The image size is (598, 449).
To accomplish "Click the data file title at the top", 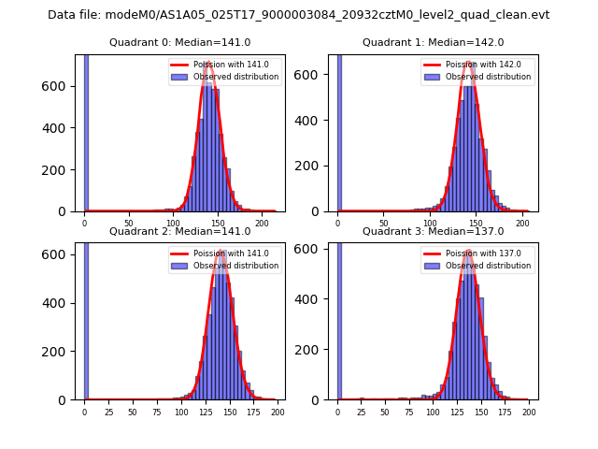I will (298, 15).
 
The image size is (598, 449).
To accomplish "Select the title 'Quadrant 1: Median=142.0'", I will (433, 42).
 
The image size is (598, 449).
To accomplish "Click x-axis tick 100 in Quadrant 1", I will (430, 224).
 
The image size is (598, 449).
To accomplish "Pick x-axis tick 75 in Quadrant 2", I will (156, 412).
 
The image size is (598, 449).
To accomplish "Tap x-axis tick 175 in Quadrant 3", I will (505, 412).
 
